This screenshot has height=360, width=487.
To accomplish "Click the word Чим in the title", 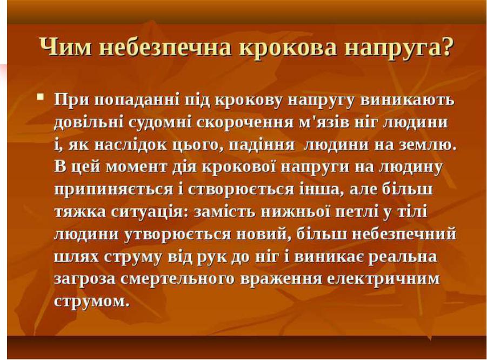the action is coord(66,47).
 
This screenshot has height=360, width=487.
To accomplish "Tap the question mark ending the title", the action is coord(446,47).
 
